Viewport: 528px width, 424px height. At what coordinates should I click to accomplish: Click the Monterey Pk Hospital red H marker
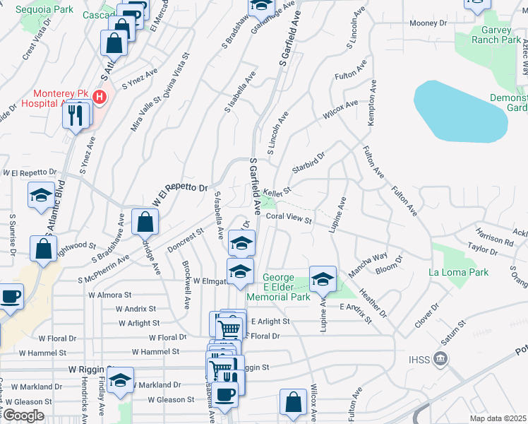point(100,96)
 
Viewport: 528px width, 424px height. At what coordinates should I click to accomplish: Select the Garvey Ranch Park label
point(491,35)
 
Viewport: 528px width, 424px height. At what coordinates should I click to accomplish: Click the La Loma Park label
point(458,272)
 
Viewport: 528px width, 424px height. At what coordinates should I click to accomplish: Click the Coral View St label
point(289,219)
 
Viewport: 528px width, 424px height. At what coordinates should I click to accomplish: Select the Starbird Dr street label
point(308,160)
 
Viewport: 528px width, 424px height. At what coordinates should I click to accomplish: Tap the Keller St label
point(277,192)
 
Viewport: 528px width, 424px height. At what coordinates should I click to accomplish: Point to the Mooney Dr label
point(429,23)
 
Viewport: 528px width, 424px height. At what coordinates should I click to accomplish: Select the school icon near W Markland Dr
point(121,381)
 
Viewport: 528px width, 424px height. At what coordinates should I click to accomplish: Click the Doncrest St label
point(186,240)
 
